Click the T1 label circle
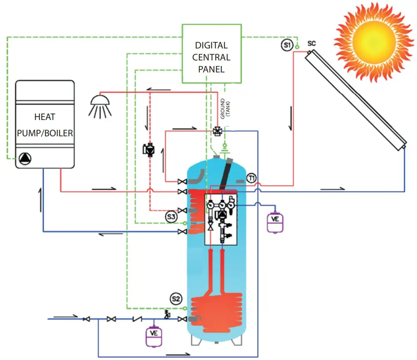[252, 177]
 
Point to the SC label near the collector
[312, 44]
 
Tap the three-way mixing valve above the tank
[218, 131]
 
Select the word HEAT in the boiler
[45, 117]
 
